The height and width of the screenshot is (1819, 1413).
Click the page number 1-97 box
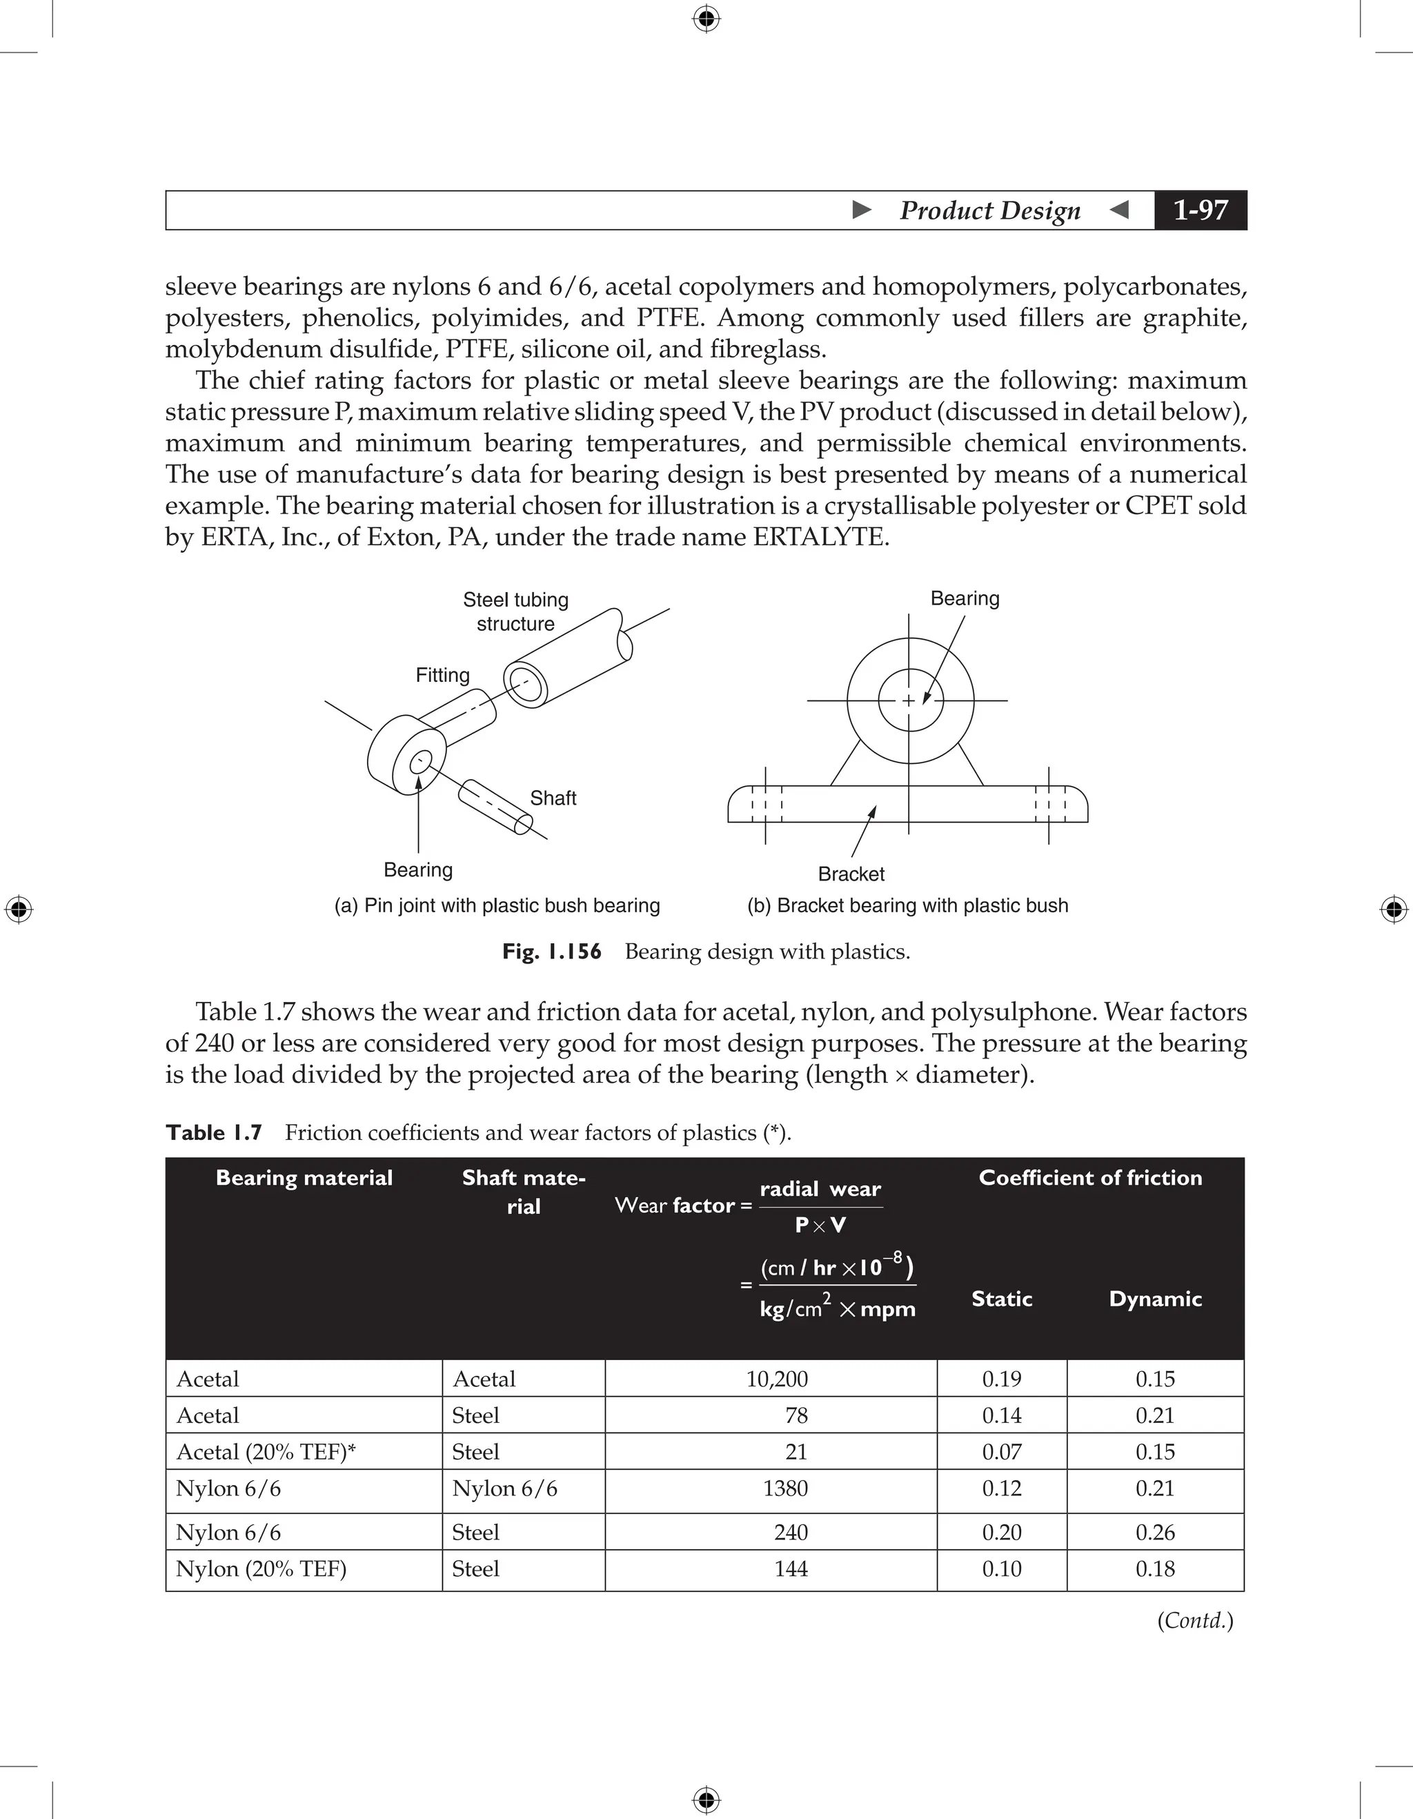(1200, 210)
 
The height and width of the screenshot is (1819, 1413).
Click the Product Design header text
(989, 210)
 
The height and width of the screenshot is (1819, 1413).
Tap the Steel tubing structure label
(515, 611)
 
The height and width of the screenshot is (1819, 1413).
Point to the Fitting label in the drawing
(442, 675)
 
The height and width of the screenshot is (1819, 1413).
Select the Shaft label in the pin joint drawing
(553, 798)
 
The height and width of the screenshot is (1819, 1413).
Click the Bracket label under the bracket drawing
(851, 874)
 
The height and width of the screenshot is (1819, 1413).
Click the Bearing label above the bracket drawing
(965, 598)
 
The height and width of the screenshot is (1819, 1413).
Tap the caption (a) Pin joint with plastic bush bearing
(497, 905)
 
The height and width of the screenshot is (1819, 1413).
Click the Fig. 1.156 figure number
(551, 951)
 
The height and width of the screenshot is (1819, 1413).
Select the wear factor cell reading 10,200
(776, 1379)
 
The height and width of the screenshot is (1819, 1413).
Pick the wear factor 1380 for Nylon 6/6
(784, 1488)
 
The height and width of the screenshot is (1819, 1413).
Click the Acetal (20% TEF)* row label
(266, 1452)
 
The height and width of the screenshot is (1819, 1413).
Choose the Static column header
(1002, 1299)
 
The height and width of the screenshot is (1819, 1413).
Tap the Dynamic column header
(1155, 1299)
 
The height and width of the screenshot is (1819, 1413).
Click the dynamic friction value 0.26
(1155, 1532)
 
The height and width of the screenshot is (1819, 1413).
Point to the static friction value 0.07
(1002, 1452)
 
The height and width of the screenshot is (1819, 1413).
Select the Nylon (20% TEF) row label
(261, 1569)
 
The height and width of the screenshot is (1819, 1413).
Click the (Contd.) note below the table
(1195, 1620)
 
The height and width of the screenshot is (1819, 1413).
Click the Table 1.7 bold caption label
(214, 1132)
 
